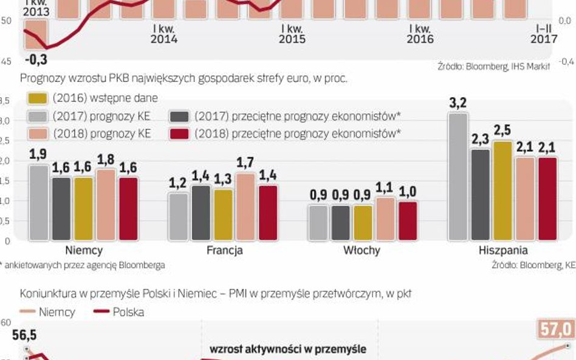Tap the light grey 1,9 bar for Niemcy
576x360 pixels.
39,202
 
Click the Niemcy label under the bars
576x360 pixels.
84,250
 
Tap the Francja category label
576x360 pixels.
223,250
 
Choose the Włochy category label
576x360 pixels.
363,250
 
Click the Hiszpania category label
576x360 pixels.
502,250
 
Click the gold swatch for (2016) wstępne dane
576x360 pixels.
38,98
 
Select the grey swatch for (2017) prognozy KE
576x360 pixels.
38,116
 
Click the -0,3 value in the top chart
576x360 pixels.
36,60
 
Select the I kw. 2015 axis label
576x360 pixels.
292,33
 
